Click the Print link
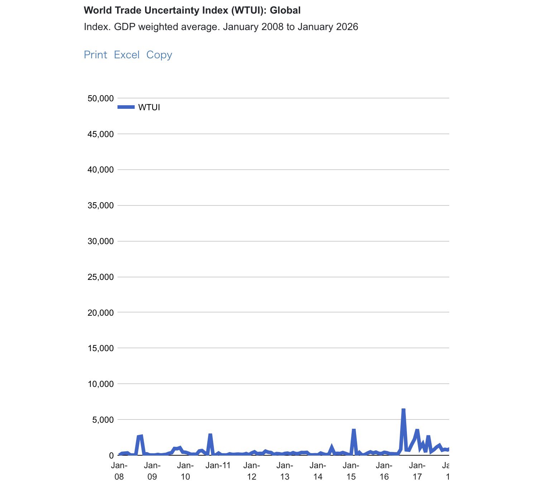pos(95,55)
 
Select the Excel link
pos(126,55)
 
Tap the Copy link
pos(159,55)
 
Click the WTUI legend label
pos(149,107)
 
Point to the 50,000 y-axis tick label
pos(101,98)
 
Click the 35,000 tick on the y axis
pos(101,205)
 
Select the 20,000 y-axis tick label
pos(101,312)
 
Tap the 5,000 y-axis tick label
pos(103,419)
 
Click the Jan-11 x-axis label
pos(218,466)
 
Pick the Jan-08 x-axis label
pos(119,471)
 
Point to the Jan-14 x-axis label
pos(318,471)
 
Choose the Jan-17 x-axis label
pos(417,471)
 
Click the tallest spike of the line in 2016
pos(403,410)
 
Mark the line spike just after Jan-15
pos(354,430)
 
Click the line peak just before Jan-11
pos(210,435)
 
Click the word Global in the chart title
pos(285,10)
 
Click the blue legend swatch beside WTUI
pos(126,107)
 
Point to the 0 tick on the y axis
pos(111,455)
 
